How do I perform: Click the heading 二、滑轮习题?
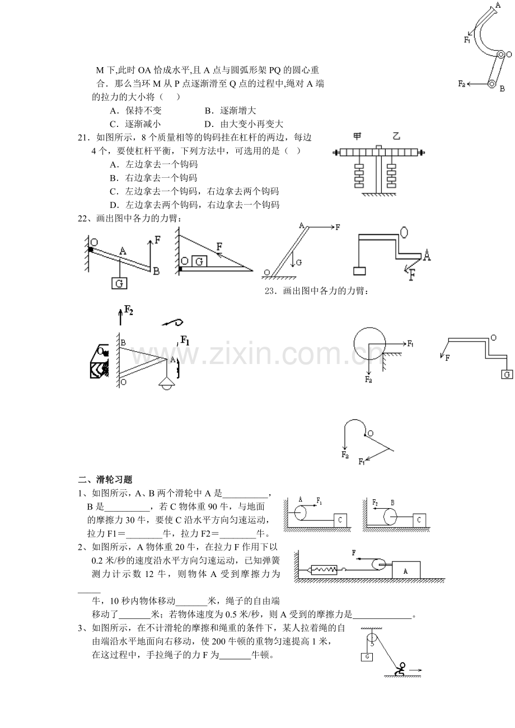pyautogui.click(x=105, y=480)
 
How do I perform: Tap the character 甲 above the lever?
pyautogui.click(x=357, y=136)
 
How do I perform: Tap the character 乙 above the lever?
pyautogui.click(x=396, y=136)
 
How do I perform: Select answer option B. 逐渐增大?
pyautogui.click(x=230, y=111)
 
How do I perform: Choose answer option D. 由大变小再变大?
pyautogui.click(x=244, y=124)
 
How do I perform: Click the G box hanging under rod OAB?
pyautogui.click(x=119, y=283)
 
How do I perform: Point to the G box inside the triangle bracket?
pyautogui.click(x=199, y=261)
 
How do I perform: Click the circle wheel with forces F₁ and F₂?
pyautogui.click(x=369, y=343)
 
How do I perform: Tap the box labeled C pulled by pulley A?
pyautogui.click(x=340, y=521)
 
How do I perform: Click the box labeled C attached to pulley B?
pyautogui.click(x=419, y=521)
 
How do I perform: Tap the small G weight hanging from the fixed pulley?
pyautogui.click(x=367, y=657)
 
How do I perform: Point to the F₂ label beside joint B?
pyautogui.click(x=462, y=83)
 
